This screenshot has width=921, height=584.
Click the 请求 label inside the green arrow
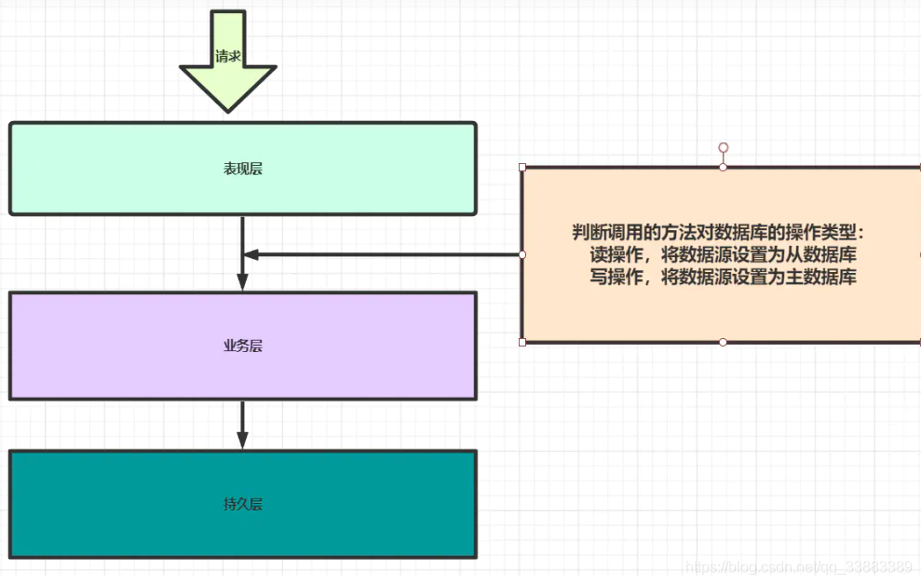(228, 57)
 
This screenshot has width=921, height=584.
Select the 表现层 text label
(243, 169)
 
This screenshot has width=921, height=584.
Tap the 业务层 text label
(243, 346)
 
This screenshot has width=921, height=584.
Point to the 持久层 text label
(243, 504)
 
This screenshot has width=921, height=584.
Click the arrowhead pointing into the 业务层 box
(242, 282)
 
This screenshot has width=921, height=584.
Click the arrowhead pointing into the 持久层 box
(242, 441)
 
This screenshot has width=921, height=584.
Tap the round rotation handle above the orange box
(723, 148)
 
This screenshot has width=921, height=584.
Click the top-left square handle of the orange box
(522, 168)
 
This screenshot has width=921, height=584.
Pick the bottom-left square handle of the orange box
(522, 342)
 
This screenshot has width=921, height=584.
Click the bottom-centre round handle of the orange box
(723, 342)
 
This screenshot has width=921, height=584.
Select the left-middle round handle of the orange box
(522, 254)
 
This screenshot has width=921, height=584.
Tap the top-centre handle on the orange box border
(723, 168)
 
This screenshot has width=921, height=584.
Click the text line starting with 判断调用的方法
(719, 232)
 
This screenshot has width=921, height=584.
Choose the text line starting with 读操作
(724, 254)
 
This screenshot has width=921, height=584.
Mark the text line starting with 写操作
(724, 277)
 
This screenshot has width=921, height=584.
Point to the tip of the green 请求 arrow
(228, 110)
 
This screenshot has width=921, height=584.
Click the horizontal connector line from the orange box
(391, 254)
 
